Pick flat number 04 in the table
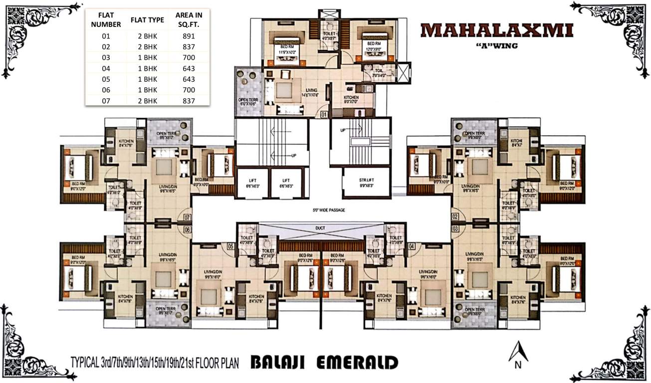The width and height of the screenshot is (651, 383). (105, 68)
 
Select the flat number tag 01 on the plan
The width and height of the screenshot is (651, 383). (323, 114)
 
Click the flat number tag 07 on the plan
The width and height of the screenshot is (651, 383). (188, 217)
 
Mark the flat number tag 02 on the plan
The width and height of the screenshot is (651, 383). (455, 217)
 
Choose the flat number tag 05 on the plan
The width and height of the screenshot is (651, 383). (230, 246)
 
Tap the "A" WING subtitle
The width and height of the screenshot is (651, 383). (497, 46)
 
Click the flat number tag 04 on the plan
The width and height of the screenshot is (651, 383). (412, 246)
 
